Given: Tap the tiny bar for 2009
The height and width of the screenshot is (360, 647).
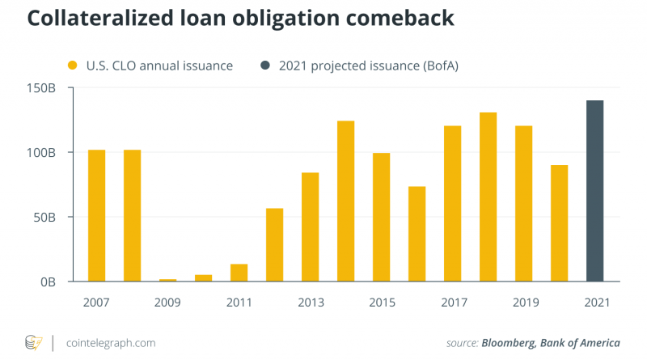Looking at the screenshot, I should point(167,280).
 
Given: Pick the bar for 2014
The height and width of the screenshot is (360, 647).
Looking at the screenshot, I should point(345,201).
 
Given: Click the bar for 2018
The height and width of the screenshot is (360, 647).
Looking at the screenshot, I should point(488,197).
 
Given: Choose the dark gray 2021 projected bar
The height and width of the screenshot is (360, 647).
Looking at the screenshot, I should point(594,191).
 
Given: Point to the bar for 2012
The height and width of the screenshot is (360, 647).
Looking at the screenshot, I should point(274,244).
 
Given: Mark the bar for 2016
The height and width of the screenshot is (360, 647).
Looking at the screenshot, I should point(417,234).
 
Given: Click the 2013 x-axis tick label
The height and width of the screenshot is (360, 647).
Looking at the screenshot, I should point(310,303).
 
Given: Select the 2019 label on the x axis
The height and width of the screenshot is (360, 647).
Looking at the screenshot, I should point(523,303).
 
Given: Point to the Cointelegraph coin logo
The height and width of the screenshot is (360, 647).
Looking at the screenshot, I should point(33,342).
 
